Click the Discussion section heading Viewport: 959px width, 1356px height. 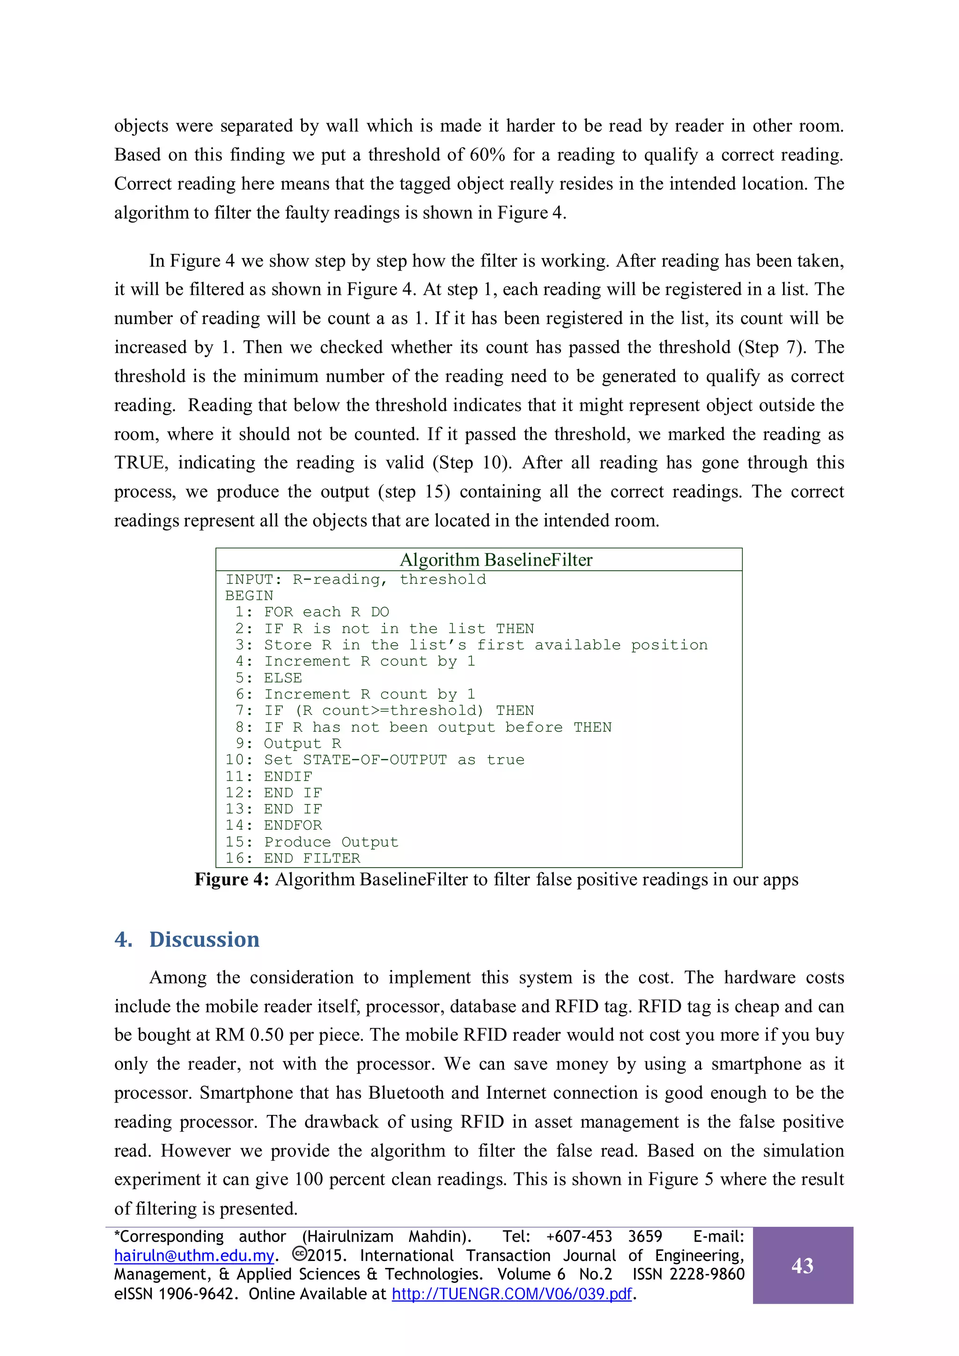click(204, 940)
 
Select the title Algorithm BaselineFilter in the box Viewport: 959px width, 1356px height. click(496, 560)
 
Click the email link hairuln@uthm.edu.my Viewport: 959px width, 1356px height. click(194, 1256)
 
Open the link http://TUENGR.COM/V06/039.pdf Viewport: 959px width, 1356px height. click(511, 1294)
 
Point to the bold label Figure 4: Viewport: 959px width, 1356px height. click(232, 880)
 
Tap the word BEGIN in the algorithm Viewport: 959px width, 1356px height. click(249, 596)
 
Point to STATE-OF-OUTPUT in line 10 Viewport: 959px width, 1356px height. click(375, 760)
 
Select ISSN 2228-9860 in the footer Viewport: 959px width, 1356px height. click(688, 1275)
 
